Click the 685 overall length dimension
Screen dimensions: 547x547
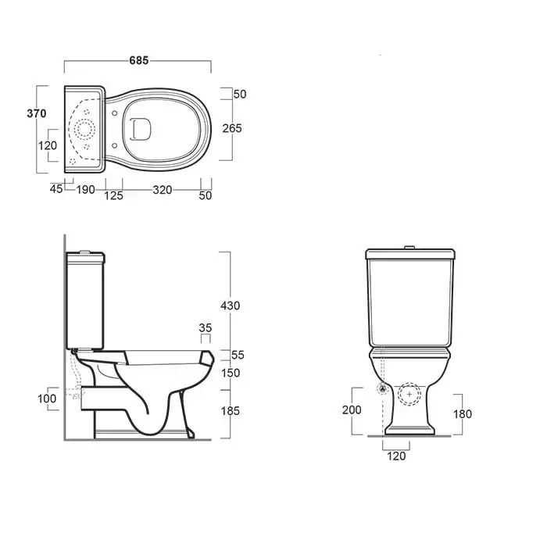click(x=139, y=60)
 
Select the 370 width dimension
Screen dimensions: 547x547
click(x=37, y=113)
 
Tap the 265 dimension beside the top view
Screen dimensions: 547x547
click(x=232, y=128)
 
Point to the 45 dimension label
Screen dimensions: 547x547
click(x=56, y=189)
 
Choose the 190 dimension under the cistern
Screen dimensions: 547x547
click(x=85, y=190)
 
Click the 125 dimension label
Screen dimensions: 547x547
click(x=114, y=195)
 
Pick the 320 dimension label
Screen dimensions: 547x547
click(x=163, y=190)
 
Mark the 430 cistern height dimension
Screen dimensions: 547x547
click(x=231, y=306)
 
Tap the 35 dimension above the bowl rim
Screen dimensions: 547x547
click(x=206, y=328)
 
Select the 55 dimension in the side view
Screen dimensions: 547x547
click(x=238, y=355)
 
